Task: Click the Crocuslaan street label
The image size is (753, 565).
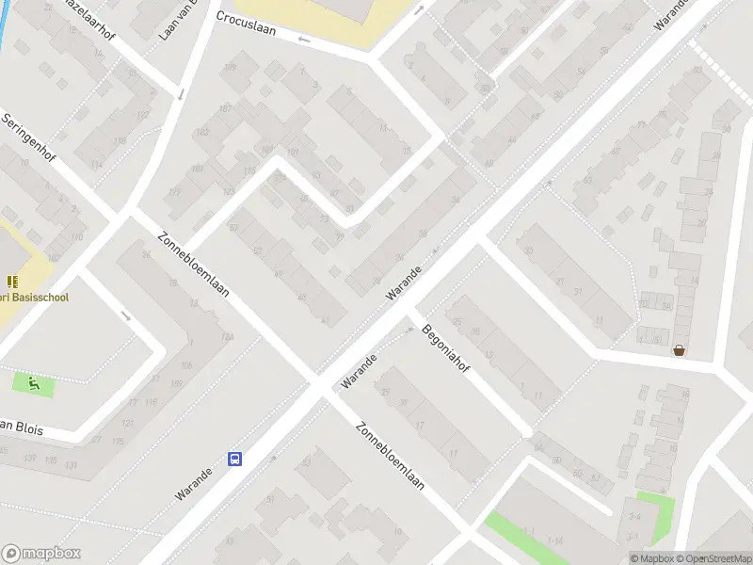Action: pyautogui.click(x=246, y=23)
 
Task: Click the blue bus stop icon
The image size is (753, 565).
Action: pyautogui.click(x=234, y=459)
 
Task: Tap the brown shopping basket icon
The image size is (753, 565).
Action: pyautogui.click(x=679, y=350)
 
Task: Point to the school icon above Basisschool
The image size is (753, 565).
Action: pyautogui.click(x=12, y=281)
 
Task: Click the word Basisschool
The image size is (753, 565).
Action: pyautogui.click(x=38, y=297)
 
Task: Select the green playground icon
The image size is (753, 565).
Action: pyautogui.click(x=33, y=383)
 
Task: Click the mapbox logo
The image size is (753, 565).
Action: pyautogui.click(x=41, y=554)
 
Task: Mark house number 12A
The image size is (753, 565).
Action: pyautogui.click(x=226, y=336)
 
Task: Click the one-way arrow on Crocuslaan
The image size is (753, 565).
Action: pyautogui.click(x=303, y=40)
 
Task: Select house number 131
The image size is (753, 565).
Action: pyautogui.click(x=72, y=465)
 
